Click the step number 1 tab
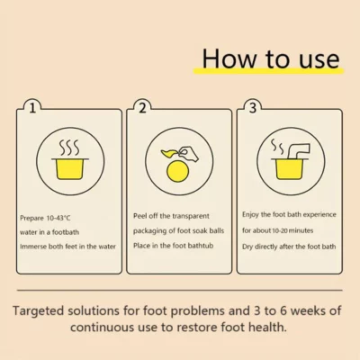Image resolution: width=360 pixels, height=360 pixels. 32,108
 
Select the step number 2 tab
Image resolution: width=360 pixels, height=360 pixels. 142,108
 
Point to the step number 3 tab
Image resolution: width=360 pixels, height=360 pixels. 253,108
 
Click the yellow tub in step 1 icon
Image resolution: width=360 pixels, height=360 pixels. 70,168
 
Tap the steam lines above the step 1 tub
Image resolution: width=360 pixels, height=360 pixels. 69,147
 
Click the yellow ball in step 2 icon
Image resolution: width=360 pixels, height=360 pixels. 177,171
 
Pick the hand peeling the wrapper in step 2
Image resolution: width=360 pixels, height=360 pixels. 188,154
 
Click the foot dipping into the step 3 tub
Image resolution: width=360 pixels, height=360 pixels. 298,150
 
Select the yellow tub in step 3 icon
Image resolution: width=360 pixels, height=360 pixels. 289,168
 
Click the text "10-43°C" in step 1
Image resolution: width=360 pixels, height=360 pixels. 58,218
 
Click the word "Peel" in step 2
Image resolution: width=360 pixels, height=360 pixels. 139,216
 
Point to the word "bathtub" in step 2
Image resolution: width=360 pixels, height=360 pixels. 201,246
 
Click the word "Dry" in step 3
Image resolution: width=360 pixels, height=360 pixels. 247,247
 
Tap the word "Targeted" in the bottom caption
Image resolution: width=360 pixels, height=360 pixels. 39,311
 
